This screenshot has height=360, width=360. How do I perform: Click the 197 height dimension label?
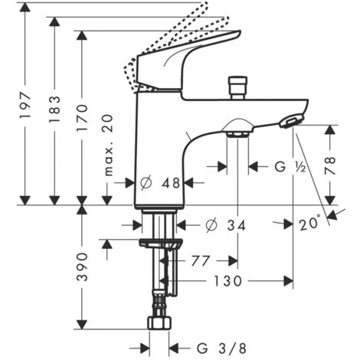click(x=25, y=106)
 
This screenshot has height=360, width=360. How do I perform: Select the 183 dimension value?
click(x=55, y=109)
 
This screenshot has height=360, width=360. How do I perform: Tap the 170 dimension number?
click(x=82, y=118)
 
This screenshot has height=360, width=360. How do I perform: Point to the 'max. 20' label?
click(x=109, y=145)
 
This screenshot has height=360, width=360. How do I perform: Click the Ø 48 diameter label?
click(x=160, y=183)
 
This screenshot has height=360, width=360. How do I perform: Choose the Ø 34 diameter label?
click(x=225, y=225)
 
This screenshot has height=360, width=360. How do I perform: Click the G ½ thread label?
click(x=290, y=167)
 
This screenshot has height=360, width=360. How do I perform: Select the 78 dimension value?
click(x=330, y=165)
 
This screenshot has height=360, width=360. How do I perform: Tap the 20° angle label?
click(x=309, y=224)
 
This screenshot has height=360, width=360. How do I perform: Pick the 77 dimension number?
click(x=201, y=260)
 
